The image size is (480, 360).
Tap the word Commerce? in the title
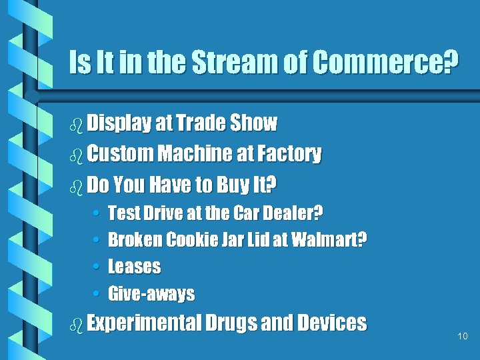click(x=385, y=63)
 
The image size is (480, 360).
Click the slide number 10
click(x=463, y=337)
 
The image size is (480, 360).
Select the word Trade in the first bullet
click(x=200, y=123)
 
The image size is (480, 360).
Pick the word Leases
click(x=134, y=267)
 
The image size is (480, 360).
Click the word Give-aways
click(x=151, y=293)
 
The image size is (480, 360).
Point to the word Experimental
click(x=143, y=323)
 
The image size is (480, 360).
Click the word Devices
click(x=332, y=323)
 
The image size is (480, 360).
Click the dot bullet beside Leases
click(x=97, y=267)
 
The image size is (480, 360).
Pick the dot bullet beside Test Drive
click(x=97, y=214)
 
